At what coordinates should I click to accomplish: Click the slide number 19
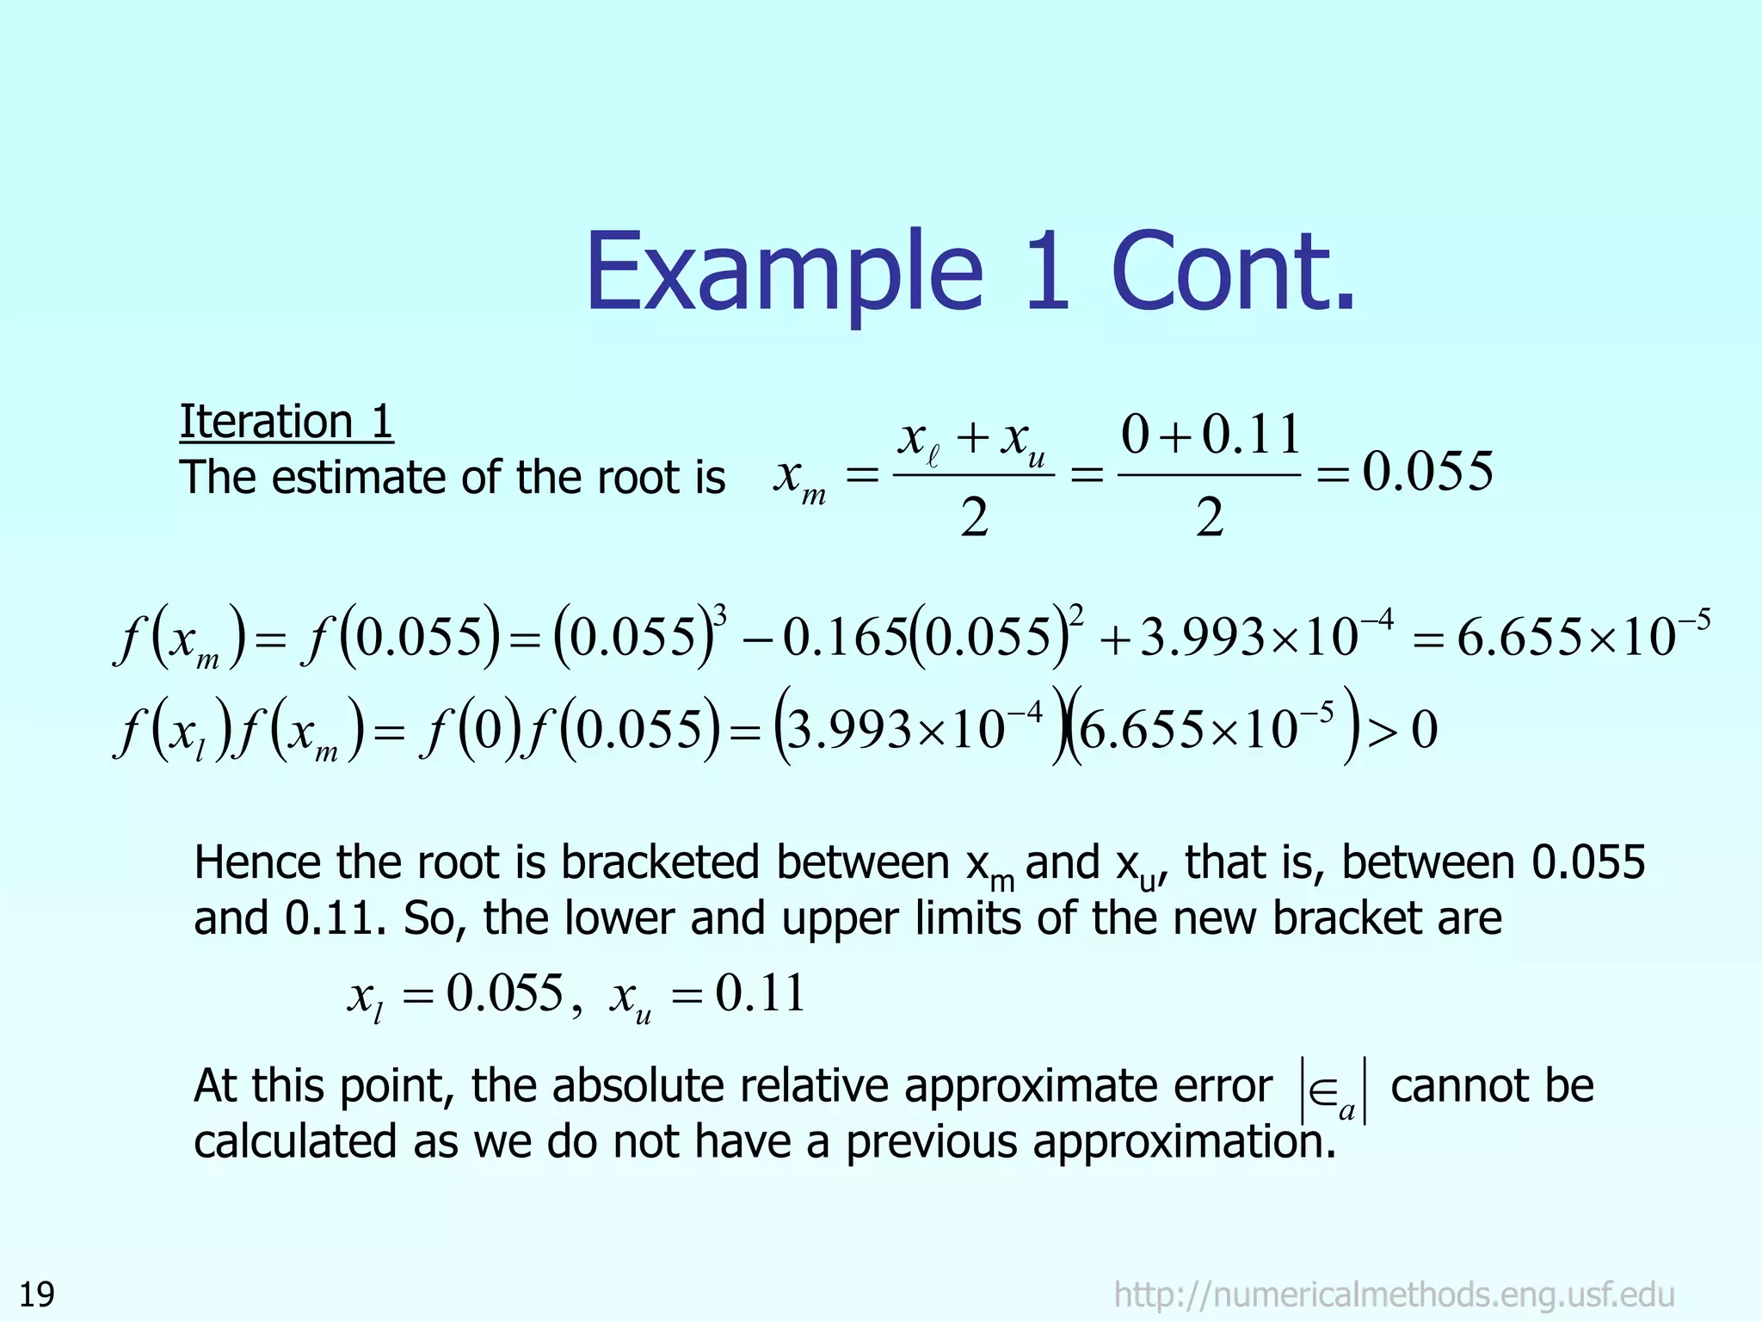coord(37,1294)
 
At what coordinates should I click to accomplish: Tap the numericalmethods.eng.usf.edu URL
coord(1394,1294)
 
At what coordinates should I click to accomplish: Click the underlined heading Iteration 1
coord(286,422)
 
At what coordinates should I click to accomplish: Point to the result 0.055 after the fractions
coord(1427,472)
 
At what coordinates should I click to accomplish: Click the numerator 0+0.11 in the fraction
coord(1209,435)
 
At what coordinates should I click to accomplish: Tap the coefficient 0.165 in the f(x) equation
coord(845,639)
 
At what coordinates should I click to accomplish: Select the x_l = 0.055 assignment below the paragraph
coord(456,995)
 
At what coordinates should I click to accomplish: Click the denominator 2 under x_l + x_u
coord(974,519)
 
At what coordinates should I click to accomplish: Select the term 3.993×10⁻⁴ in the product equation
coord(915,731)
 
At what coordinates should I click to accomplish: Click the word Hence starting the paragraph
coord(259,862)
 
